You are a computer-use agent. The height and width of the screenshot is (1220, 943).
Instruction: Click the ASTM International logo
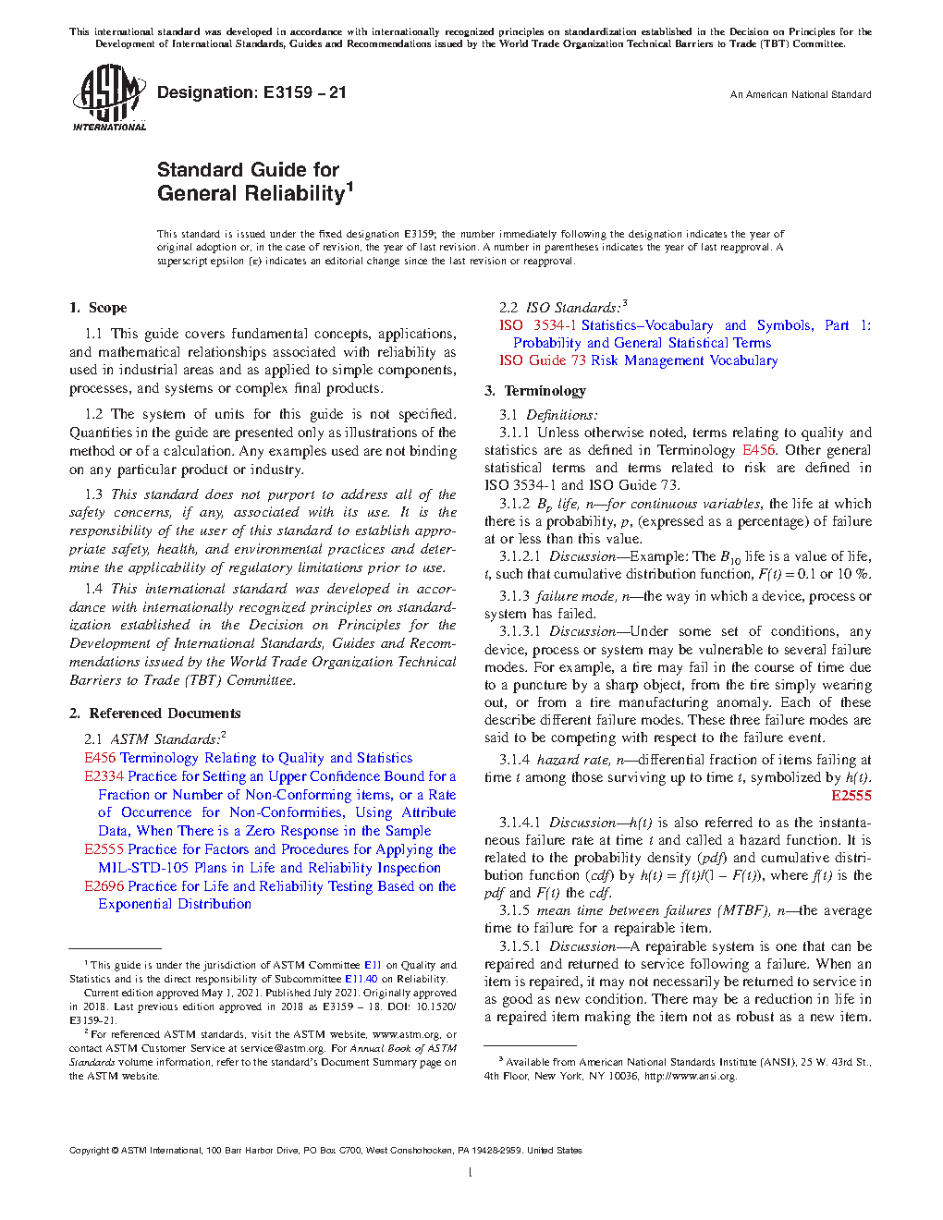pyautogui.click(x=108, y=97)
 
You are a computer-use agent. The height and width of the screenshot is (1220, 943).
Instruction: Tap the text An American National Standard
pyautogui.click(x=800, y=94)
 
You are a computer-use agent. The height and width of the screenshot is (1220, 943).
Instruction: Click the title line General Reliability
pyautogui.click(x=251, y=194)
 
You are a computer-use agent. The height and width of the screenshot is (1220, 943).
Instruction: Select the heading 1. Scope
pyautogui.click(x=98, y=308)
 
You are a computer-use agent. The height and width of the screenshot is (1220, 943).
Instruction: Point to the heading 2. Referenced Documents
pyautogui.click(x=154, y=714)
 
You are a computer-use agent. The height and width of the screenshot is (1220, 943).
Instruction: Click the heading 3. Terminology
pyautogui.click(x=535, y=391)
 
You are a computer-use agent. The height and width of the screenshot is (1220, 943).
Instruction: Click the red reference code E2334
pyautogui.click(x=104, y=776)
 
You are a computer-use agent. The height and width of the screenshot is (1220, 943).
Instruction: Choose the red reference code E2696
pyautogui.click(x=104, y=886)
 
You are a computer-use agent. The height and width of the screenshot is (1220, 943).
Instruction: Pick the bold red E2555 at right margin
pyautogui.click(x=851, y=796)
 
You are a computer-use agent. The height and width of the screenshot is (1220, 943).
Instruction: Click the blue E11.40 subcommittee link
pyautogui.click(x=361, y=979)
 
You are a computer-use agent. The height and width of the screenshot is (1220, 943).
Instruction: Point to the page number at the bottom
pyautogui.click(x=471, y=1173)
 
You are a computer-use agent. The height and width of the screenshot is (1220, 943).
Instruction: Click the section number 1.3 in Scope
pyautogui.click(x=93, y=495)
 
